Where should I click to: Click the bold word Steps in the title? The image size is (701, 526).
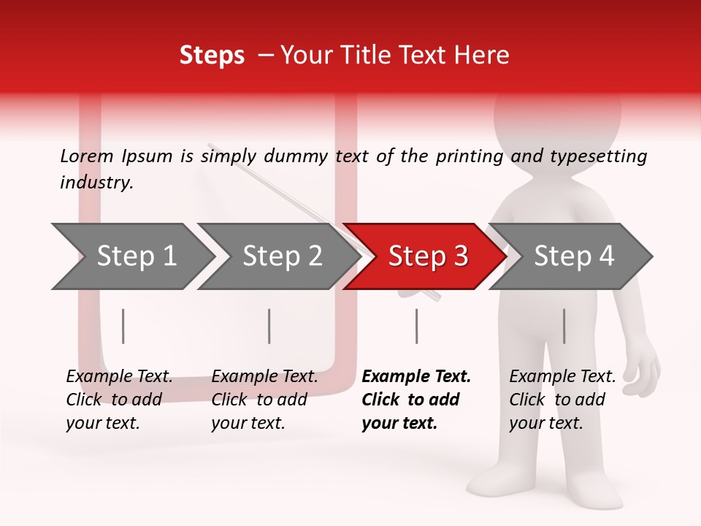point(212,56)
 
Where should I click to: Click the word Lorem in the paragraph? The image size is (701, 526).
point(87,156)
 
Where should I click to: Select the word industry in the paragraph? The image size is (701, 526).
point(95,183)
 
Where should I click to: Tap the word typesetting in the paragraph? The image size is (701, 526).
point(598,156)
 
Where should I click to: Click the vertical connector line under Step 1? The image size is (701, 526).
point(123,326)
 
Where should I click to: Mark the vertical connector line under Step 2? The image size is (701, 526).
point(269,326)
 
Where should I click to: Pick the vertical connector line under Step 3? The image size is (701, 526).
point(416,326)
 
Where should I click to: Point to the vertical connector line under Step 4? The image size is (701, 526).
point(564,326)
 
